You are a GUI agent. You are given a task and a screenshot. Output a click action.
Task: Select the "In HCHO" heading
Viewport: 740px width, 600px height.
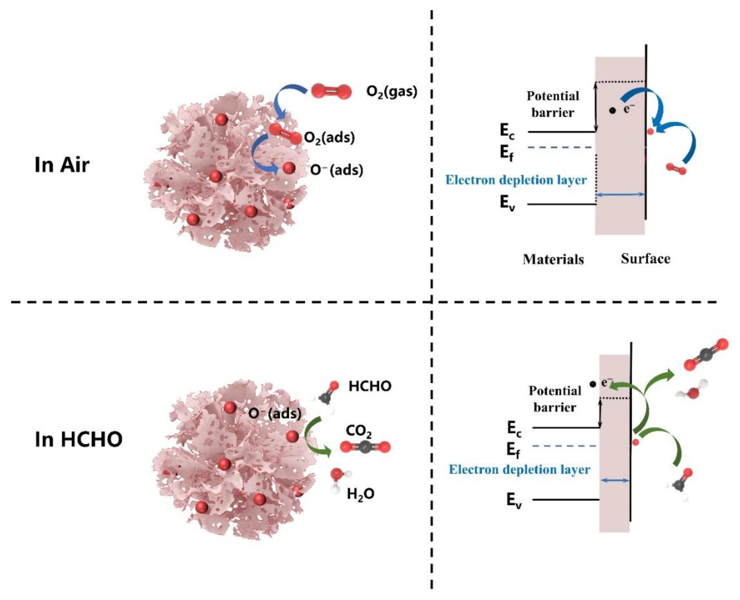click(x=79, y=439)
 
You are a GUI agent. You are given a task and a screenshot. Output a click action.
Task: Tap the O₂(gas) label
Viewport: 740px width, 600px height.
click(x=392, y=92)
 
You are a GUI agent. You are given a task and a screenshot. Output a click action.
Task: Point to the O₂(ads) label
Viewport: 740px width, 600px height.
click(x=329, y=138)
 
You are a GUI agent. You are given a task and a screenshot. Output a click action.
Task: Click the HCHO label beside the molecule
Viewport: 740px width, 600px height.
click(x=370, y=386)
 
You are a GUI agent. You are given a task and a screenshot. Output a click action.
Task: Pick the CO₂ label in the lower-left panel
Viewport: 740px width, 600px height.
click(x=359, y=431)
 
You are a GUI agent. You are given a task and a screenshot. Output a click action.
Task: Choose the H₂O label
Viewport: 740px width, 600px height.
click(x=361, y=494)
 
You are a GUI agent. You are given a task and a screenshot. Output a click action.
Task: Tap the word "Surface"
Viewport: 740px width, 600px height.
click(x=645, y=258)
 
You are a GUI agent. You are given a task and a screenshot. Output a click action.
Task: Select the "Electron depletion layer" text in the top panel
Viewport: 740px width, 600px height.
click(x=516, y=180)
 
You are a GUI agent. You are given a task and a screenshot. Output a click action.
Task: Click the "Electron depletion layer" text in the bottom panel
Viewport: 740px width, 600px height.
click(x=519, y=469)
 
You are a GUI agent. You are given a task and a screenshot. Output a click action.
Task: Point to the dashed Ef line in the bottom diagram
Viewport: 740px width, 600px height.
click(x=564, y=446)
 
